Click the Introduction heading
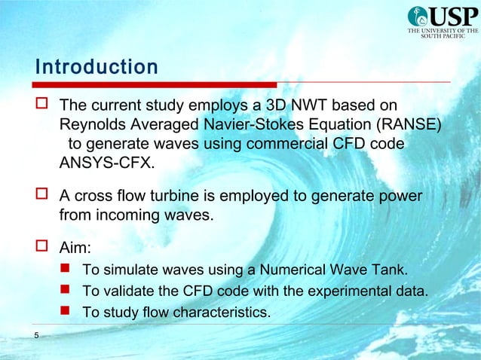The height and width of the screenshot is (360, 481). click(x=97, y=67)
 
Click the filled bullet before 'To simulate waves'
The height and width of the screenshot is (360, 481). click(x=66, y=269)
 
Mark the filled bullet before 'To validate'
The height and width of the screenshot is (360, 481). click(x=66, y=290)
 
